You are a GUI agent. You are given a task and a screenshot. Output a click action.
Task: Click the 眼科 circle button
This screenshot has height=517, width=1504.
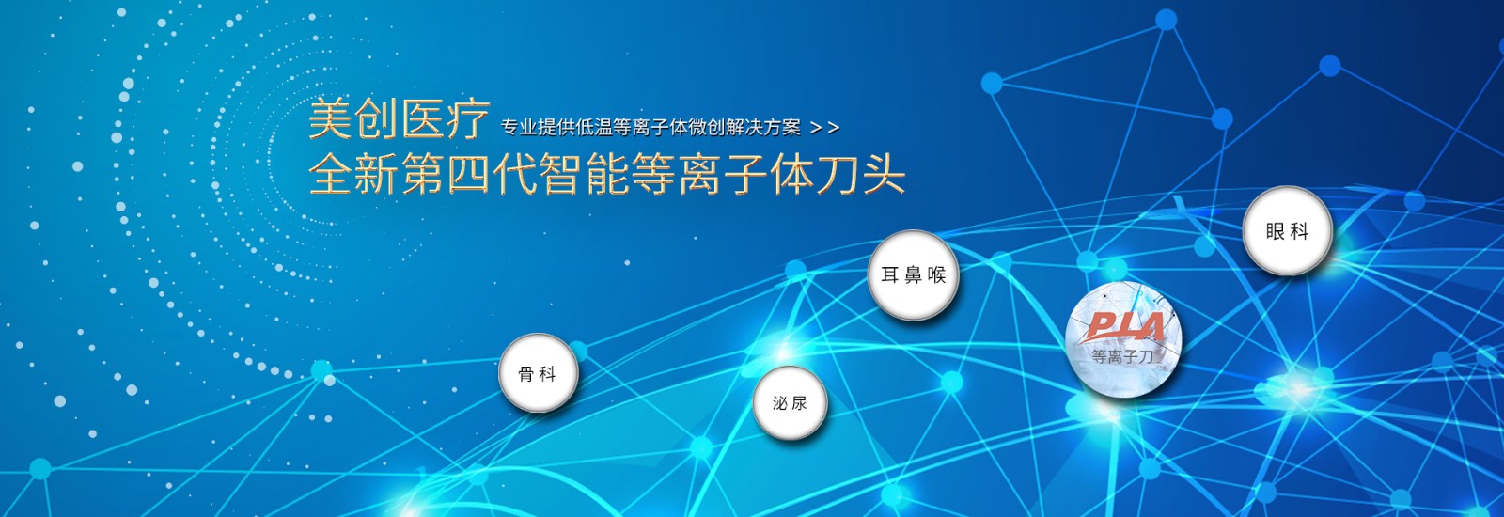[x=1287, y=231]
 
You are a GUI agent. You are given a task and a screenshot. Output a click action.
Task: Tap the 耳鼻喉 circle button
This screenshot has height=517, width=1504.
[x=913, y=274]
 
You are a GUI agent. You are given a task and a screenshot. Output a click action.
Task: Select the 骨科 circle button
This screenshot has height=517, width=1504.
[x=539, y=373]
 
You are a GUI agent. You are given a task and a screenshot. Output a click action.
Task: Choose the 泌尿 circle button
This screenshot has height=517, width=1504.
[x=790, y=403]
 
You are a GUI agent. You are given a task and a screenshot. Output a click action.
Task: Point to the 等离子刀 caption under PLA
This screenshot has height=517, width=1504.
[x=1122, y=356]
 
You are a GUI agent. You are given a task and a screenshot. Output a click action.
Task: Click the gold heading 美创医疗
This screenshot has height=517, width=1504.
[x=399, y=119]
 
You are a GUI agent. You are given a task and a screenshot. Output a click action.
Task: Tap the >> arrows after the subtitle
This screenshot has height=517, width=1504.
[x=824, y=128]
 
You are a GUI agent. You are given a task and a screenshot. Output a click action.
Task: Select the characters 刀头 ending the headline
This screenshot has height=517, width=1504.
[x=861, y=175]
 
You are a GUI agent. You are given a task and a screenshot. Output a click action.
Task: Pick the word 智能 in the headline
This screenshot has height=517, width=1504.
[x=584, y=175]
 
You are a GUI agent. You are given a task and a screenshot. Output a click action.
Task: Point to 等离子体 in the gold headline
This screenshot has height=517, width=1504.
[x=723, y=175]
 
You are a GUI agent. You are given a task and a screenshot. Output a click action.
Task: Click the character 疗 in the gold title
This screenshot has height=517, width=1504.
[x=468, y=119]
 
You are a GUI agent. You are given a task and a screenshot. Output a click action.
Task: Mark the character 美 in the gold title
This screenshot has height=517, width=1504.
[x=330, y=119]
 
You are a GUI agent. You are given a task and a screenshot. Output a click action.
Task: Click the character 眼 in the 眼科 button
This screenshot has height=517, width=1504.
[x=1275, y=231]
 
